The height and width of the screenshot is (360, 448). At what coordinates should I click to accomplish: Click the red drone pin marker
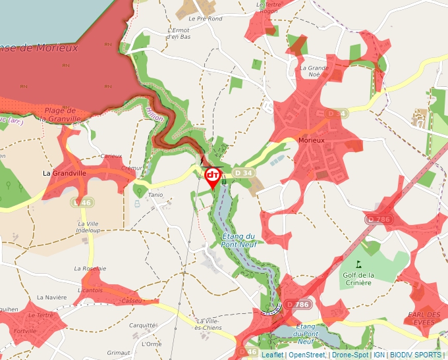(x=213, y=176)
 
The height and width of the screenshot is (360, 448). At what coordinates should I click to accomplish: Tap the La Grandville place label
(x=65, y=173)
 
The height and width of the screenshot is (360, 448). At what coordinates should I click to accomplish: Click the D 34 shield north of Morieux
(x=336, y=114)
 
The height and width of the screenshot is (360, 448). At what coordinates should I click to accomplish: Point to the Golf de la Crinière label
(x=358, y=278)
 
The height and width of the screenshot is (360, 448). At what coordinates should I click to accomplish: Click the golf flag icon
(x=359, y=264)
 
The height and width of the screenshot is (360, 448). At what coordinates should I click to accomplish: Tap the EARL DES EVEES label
(x=424, y=319)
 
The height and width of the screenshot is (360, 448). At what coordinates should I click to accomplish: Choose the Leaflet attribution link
(x=270, y=355)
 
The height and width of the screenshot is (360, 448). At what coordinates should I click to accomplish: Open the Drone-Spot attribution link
(x=350, y=355)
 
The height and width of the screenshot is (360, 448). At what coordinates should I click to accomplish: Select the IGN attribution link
(x=379, y=355)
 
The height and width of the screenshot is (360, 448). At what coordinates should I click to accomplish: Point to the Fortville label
(x=24, y=330)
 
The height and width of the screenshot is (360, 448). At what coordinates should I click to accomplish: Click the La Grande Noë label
(x=314, y=71)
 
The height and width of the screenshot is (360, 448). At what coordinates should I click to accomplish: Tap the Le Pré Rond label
(x=206, y=19)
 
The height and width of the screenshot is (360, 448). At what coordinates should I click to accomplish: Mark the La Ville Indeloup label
(x=88, y=227)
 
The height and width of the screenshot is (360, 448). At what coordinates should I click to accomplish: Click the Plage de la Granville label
(x=60, y=115)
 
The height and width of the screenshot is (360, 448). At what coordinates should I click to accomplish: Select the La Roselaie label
(x=90, y=269)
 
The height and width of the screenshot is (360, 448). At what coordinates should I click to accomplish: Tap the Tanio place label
(x=155, y=195)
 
